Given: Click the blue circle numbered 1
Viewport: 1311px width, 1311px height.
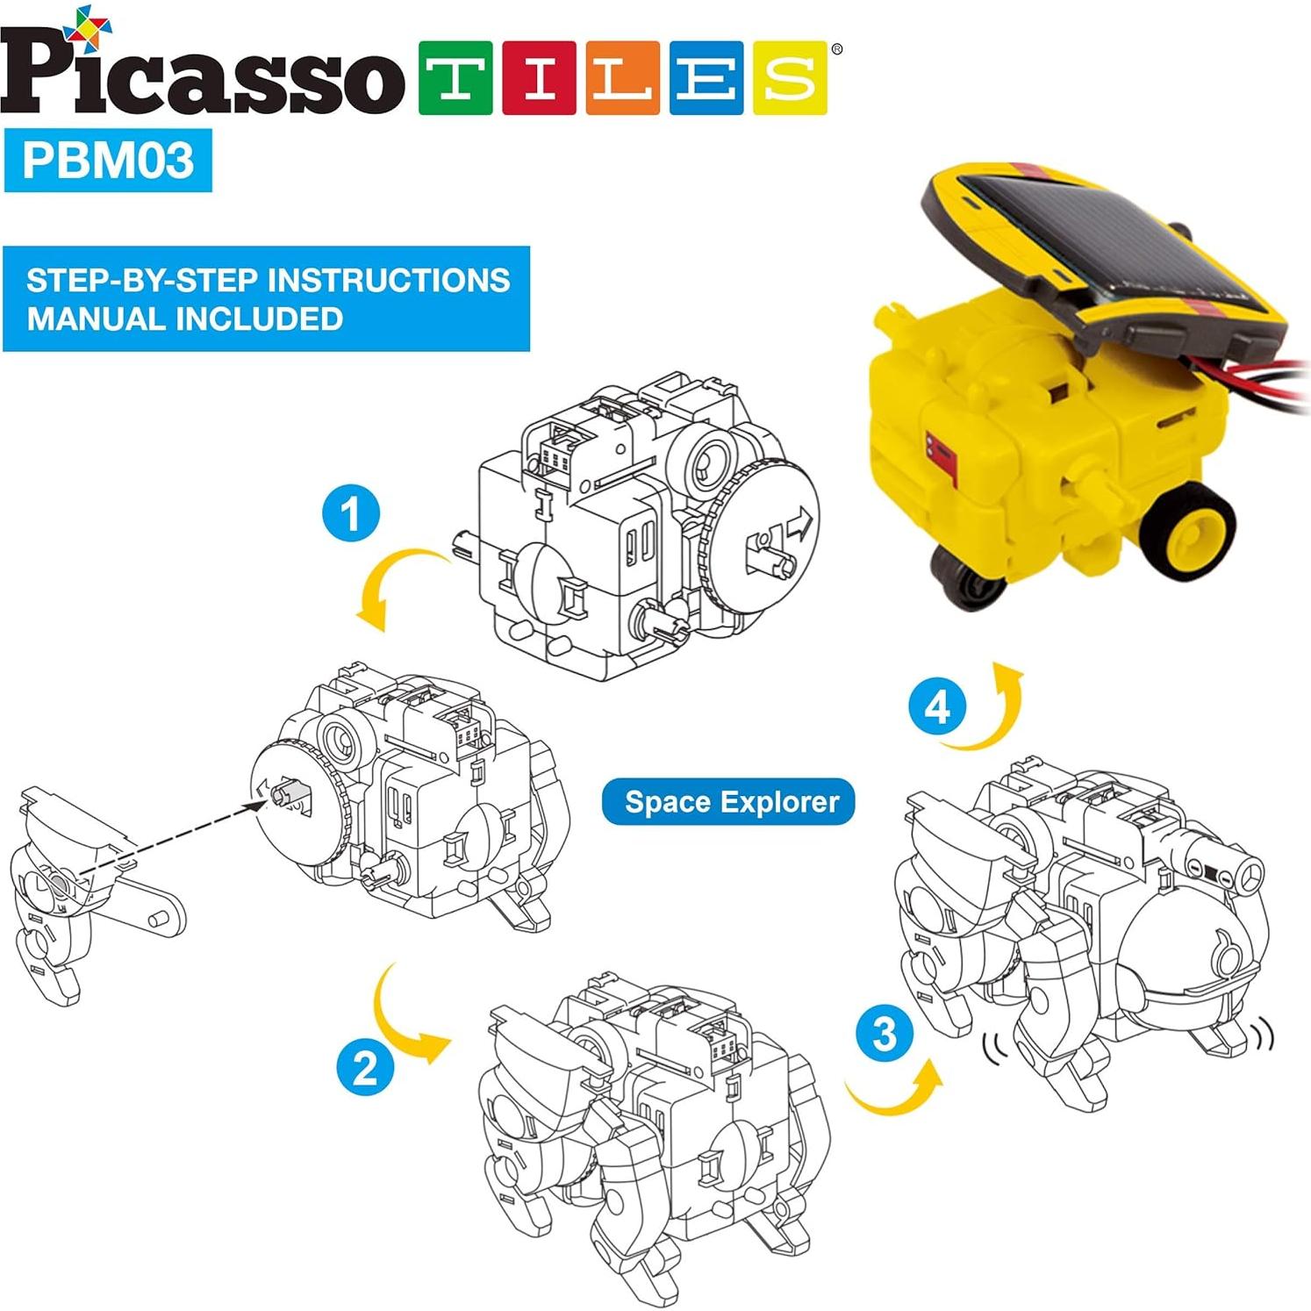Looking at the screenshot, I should [351, 513].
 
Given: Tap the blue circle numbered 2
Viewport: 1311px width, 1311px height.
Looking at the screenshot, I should [365, 1068].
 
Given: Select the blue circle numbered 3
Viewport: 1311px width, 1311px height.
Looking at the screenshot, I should [885, 1033].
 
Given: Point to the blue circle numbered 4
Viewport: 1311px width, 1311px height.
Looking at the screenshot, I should [937, 706].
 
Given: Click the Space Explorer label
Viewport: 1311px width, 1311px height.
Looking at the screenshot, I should [728, 801].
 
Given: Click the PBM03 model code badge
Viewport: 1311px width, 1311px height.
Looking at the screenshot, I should [108, 161].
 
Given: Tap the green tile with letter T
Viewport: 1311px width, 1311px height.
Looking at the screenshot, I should [455, 77].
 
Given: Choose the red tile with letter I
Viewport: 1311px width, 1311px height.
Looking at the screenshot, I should [538, 77].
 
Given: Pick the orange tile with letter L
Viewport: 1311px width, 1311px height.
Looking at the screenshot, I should [621, 77].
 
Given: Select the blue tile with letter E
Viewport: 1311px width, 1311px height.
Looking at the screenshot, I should [706, 77].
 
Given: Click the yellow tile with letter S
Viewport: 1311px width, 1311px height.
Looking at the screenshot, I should [789, 77].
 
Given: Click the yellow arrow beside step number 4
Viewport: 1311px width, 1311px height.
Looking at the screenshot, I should [992, 711].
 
